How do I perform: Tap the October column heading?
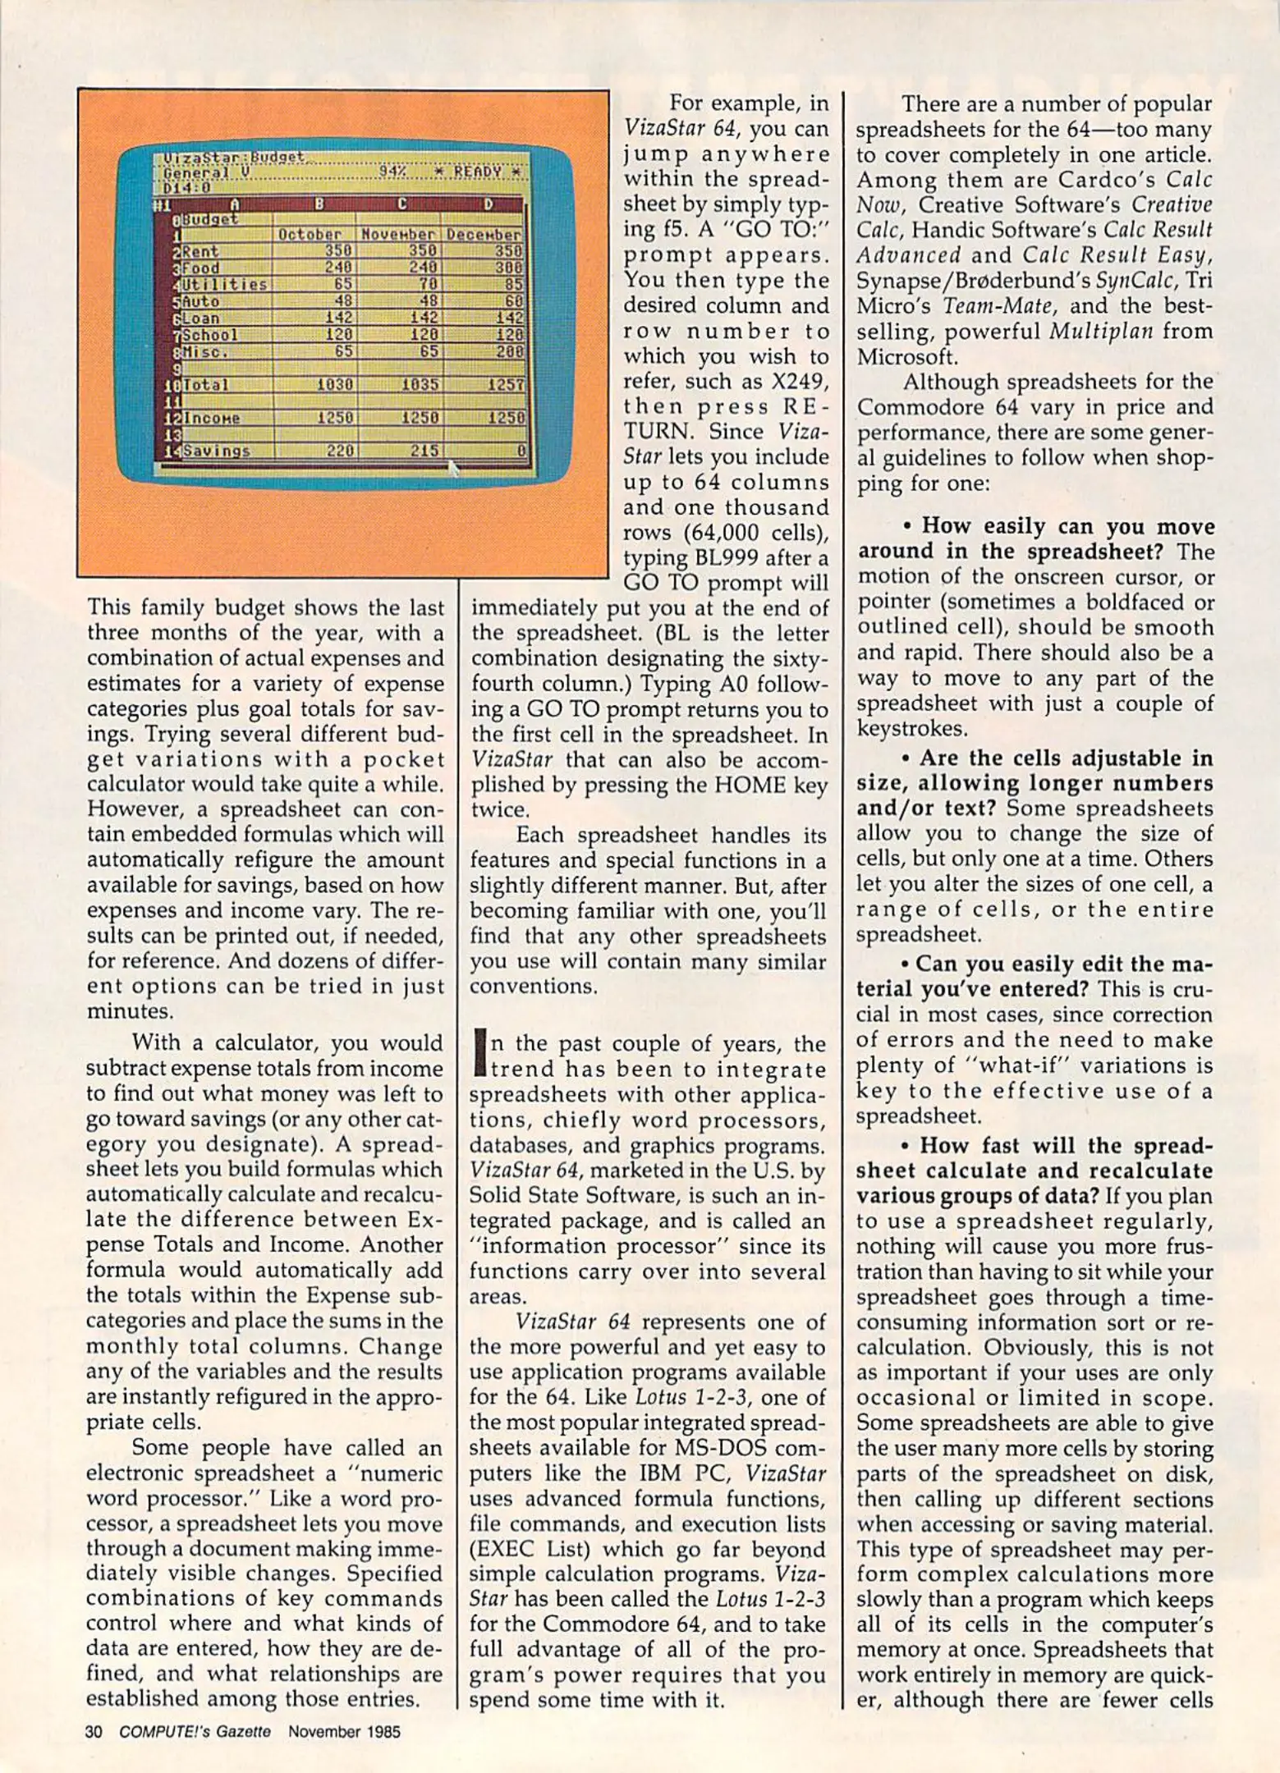pyautogui.click(x=310, y=235)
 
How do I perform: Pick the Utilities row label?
pyautogui.click(x=224, y=285)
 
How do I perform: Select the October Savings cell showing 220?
pyautogui.click(x=339, y=451)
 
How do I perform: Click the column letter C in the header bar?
pyautogui.click(x=402, y=204)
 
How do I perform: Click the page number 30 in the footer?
pyautogui.click(x=93, y=1732)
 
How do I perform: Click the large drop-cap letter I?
pyautogui.click(x=479, y=1057)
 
